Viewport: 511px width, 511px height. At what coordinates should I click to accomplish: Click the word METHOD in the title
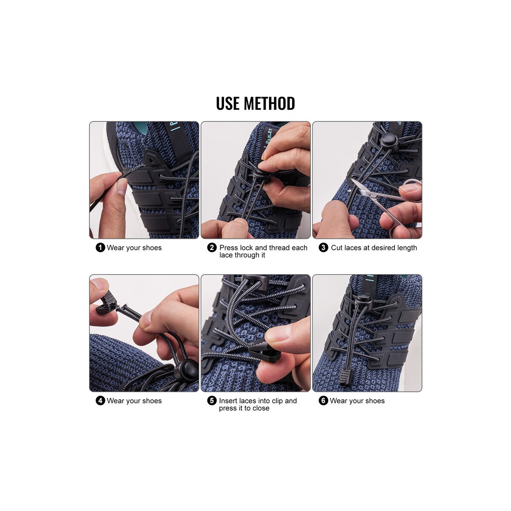click(x=269, y=103)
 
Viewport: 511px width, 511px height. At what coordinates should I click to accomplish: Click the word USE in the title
click(x=227, y=103)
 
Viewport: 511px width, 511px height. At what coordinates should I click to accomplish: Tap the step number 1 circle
click(x=100, y=248)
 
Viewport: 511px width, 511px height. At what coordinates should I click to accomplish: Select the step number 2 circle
click(x=212, y=248)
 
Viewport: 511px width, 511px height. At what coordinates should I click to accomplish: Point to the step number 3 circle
click(x=323, y=248)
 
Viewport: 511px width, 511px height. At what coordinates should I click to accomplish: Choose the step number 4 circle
click(x=100, y=401)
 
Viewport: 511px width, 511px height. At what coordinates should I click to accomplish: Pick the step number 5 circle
click(x=212, y=401)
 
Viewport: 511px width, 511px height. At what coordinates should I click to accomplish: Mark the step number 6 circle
click(x=323, y=401)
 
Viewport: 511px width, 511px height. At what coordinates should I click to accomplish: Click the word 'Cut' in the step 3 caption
click(x=337, y=248)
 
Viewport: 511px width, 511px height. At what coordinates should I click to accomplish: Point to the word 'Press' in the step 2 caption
click(x=229, y=248)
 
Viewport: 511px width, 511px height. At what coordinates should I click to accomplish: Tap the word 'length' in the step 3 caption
click(x=406, y=248)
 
